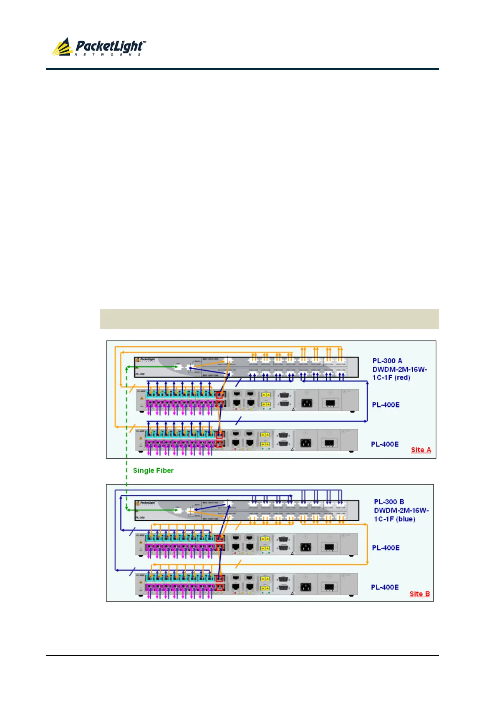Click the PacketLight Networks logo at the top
pyautogui.click(x=99, y=47)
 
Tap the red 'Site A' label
pyautogui.click(x=421, y=450)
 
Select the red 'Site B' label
pyautogui.click(x=419, y=594)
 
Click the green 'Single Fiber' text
pyautogui.click(x=153, y=471)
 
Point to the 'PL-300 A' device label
pyautogui.click(x=387, y=361)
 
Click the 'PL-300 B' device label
pyautogui.click(x=389, y=502)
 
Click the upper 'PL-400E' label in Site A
pyautogui.click(x=386, y=405)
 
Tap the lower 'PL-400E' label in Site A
pyautogui.click(x=385, y=444)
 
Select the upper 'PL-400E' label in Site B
pyautogui.click(x=386, y=548)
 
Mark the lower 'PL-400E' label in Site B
pyautogui.click(x=385, y=587)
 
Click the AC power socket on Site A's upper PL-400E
pyautogui.click(x=307, y=403)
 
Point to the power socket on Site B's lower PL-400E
pyautogui.click(x=306, y=586)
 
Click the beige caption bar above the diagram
pyautogui.click(x=269, y=319)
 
